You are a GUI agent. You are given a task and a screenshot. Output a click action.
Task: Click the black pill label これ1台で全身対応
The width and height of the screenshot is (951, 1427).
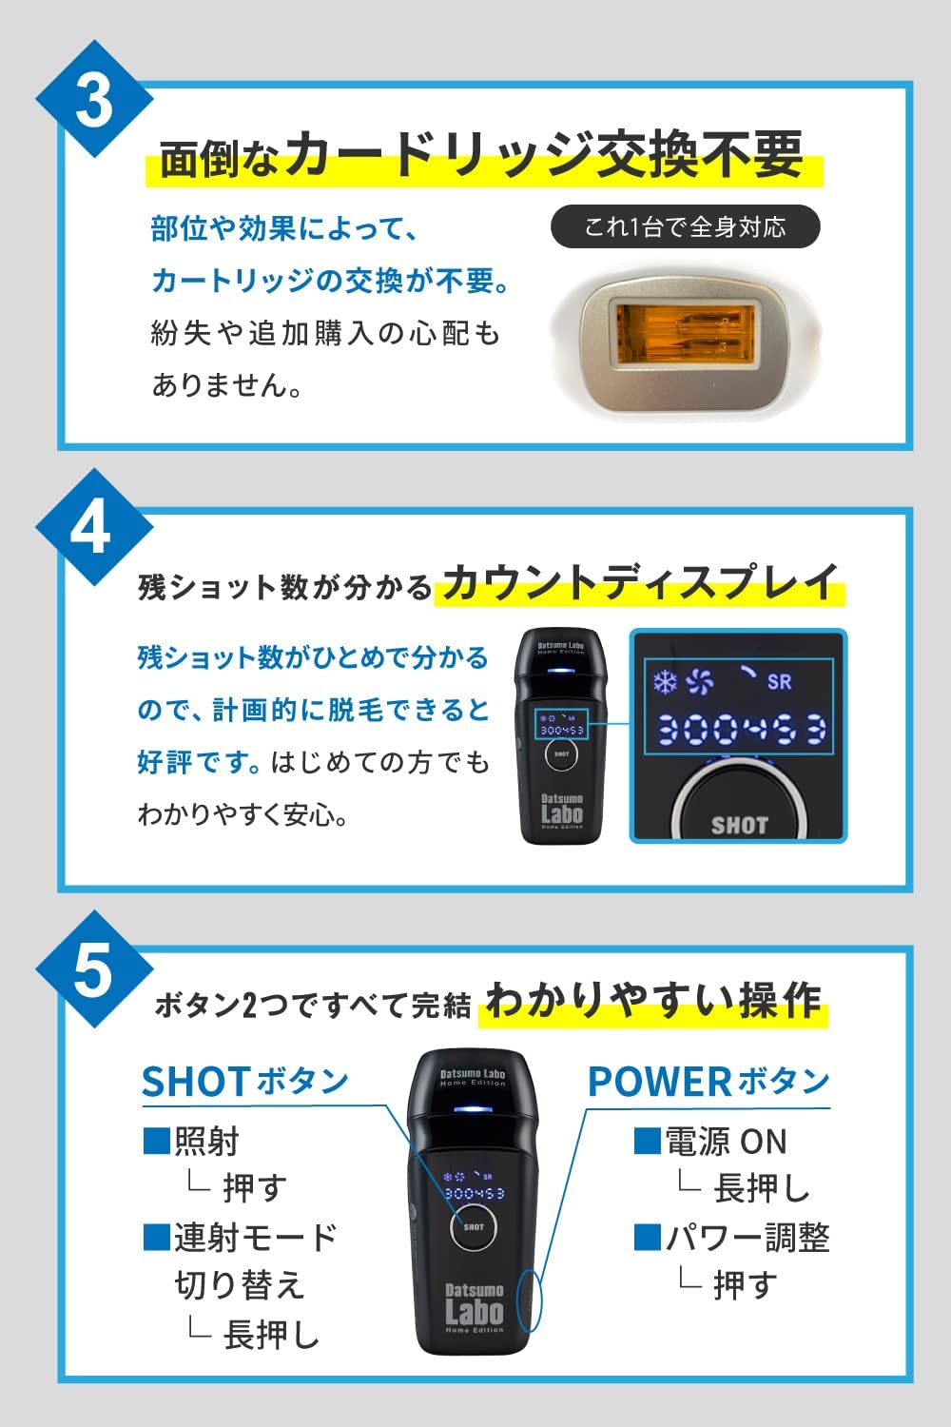click(685, 227)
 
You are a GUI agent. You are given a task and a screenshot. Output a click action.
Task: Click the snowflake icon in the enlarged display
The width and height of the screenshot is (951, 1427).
click(664, 681)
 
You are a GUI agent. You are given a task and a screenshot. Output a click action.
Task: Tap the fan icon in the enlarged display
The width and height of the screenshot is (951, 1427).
click(700, 681)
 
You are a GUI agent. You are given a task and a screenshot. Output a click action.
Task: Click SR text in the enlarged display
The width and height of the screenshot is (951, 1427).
click(779, 681)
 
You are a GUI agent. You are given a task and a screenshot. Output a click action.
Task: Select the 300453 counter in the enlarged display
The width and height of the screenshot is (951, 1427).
click(741, 729)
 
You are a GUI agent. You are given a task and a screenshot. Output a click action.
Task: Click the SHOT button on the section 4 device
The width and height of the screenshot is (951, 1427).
click(561, 753)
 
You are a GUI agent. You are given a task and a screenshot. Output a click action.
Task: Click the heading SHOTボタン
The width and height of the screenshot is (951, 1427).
click(245, 1082)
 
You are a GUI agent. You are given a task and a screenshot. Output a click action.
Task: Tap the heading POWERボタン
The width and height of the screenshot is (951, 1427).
click(708, 1082)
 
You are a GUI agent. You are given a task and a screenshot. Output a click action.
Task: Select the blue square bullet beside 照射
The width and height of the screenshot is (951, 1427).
click(156, 1140)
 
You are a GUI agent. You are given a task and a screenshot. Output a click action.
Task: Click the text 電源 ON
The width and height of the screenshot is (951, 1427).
click(726, 1141)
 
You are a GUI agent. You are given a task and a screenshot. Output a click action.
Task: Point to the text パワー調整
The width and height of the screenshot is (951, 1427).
click(747, 1237)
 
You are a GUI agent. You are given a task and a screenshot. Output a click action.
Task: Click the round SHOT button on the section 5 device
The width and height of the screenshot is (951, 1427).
click(474, 1226)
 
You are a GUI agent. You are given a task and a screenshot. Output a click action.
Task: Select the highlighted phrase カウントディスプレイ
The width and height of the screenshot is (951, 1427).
click(639, 582)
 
